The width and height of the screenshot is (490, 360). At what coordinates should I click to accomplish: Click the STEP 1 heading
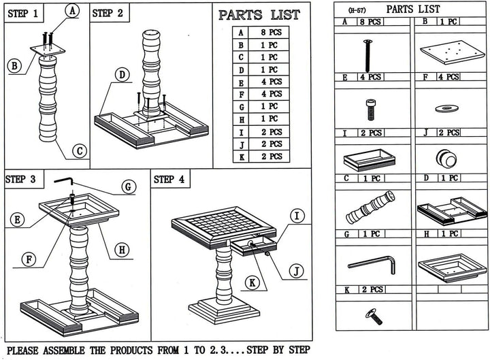tap(22, 14)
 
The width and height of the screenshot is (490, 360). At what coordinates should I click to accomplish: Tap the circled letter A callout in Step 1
tap(72, 12)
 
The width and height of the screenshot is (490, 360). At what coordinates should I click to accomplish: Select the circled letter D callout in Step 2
tap(122, 75)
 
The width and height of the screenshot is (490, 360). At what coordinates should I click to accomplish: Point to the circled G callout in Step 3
tap(129, 187)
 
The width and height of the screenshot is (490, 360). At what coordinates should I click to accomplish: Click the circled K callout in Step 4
tap(252, 283)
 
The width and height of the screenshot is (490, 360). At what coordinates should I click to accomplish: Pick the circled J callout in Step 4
tap(296, 272)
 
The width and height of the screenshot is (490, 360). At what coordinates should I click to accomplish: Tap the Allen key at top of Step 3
tap(63, 181)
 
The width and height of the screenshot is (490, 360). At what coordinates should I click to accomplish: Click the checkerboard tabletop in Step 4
tap(224, 227)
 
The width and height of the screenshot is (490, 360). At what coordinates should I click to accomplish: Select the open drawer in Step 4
tap(254, 246)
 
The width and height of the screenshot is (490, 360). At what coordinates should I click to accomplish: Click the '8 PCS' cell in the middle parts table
tap(272, 32)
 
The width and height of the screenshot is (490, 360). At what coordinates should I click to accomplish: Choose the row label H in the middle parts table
tap(242, 119)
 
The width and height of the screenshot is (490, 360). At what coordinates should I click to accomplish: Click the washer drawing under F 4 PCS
tap(446, 109)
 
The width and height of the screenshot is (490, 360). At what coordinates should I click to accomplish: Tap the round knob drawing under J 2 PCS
tap(446, 159)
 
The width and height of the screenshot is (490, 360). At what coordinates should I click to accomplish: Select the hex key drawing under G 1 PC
tap(372, 265)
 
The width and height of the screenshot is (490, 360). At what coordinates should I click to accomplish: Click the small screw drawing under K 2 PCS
tap(374, 316)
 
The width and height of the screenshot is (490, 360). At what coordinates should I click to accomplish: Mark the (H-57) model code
tap(357, 11)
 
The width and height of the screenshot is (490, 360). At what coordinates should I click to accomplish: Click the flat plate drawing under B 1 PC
tap(452, 52)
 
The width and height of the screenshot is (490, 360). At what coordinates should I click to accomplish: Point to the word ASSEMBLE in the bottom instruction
tap(64, 350)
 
